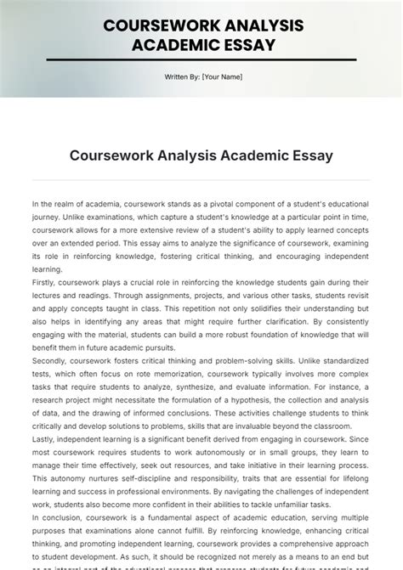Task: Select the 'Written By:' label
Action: (x=182, y=77)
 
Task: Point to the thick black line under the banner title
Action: (x=201, y=59)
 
